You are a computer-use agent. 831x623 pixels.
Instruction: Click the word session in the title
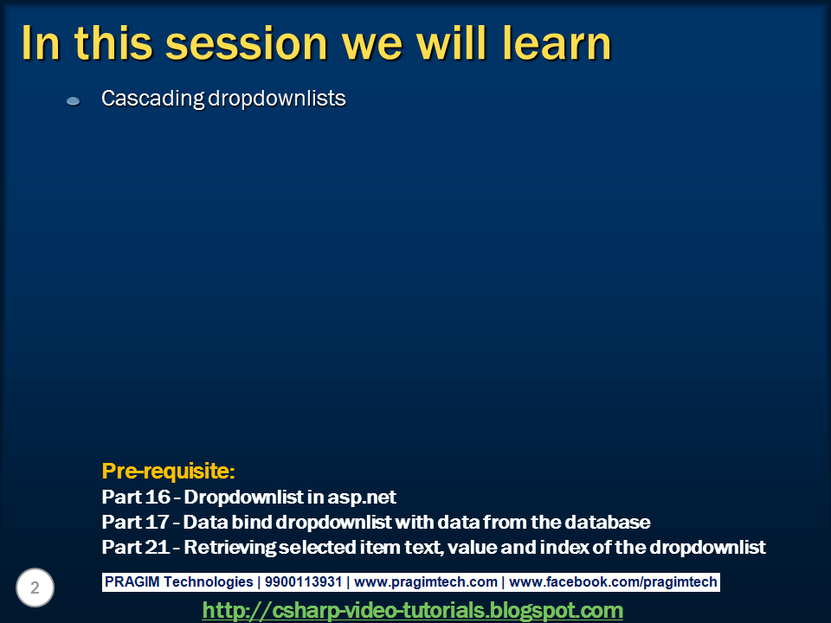pyautogui.click(x=247, y=44)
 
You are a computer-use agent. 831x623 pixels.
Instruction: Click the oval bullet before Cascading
pyautogui.click(x=73, y=100)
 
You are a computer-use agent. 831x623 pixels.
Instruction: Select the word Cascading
pyautogui.click(x=152, y=99)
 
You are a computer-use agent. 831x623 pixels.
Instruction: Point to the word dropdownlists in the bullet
pyautogui.click(x=277, y=99)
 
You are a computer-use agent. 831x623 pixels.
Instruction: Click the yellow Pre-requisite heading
pyautogui.click(x=168, y=471)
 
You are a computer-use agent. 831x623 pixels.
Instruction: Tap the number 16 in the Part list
pyautogui.click(x=158, y=497)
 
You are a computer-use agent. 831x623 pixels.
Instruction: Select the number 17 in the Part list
pyautogui.click(x=158, y=522)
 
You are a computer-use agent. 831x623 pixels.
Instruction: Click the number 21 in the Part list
pyautogui.click(x=158, y=547)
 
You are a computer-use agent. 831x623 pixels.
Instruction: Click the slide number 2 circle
pyautogui.click(x=35, y=588)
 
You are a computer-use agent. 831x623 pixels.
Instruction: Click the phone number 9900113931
pyautogui.click(x=303, y=581)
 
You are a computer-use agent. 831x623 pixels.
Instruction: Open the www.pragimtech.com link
pyautogui.click(x=426, y=581)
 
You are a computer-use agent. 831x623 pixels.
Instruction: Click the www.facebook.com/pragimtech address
pyautogui.click(x=613, y=581)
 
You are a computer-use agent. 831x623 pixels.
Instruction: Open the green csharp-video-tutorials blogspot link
pyautogui.click(x=412, y=610)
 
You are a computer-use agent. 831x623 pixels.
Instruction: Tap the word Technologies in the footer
pyautogui.click(x=209, y=581)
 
